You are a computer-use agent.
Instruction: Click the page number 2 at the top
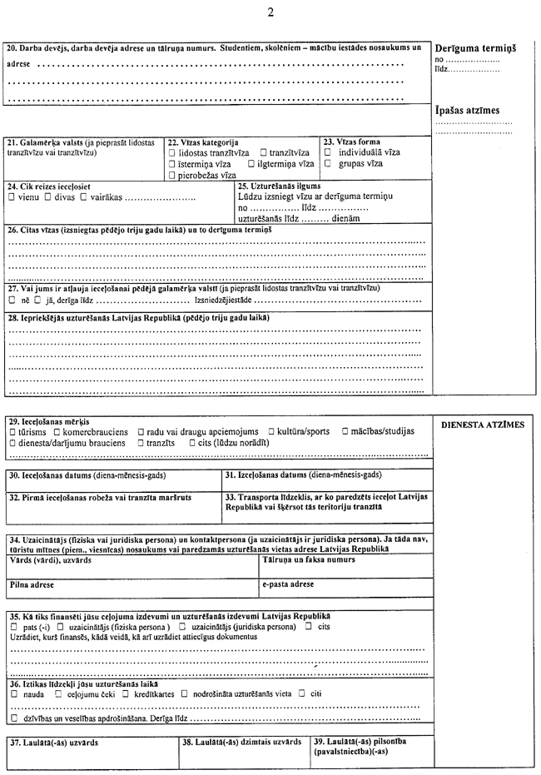(270, 12)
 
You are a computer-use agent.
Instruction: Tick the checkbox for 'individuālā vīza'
(328, 153)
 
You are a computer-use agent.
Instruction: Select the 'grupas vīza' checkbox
(328, 164)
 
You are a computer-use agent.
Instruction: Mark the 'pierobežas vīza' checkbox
(171, 176)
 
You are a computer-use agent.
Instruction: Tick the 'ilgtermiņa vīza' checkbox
(251, 165)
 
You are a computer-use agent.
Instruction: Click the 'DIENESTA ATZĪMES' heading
(483, 425)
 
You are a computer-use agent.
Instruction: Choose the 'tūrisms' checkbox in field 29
(12, 432)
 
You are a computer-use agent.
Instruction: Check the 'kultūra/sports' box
(272, 432)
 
